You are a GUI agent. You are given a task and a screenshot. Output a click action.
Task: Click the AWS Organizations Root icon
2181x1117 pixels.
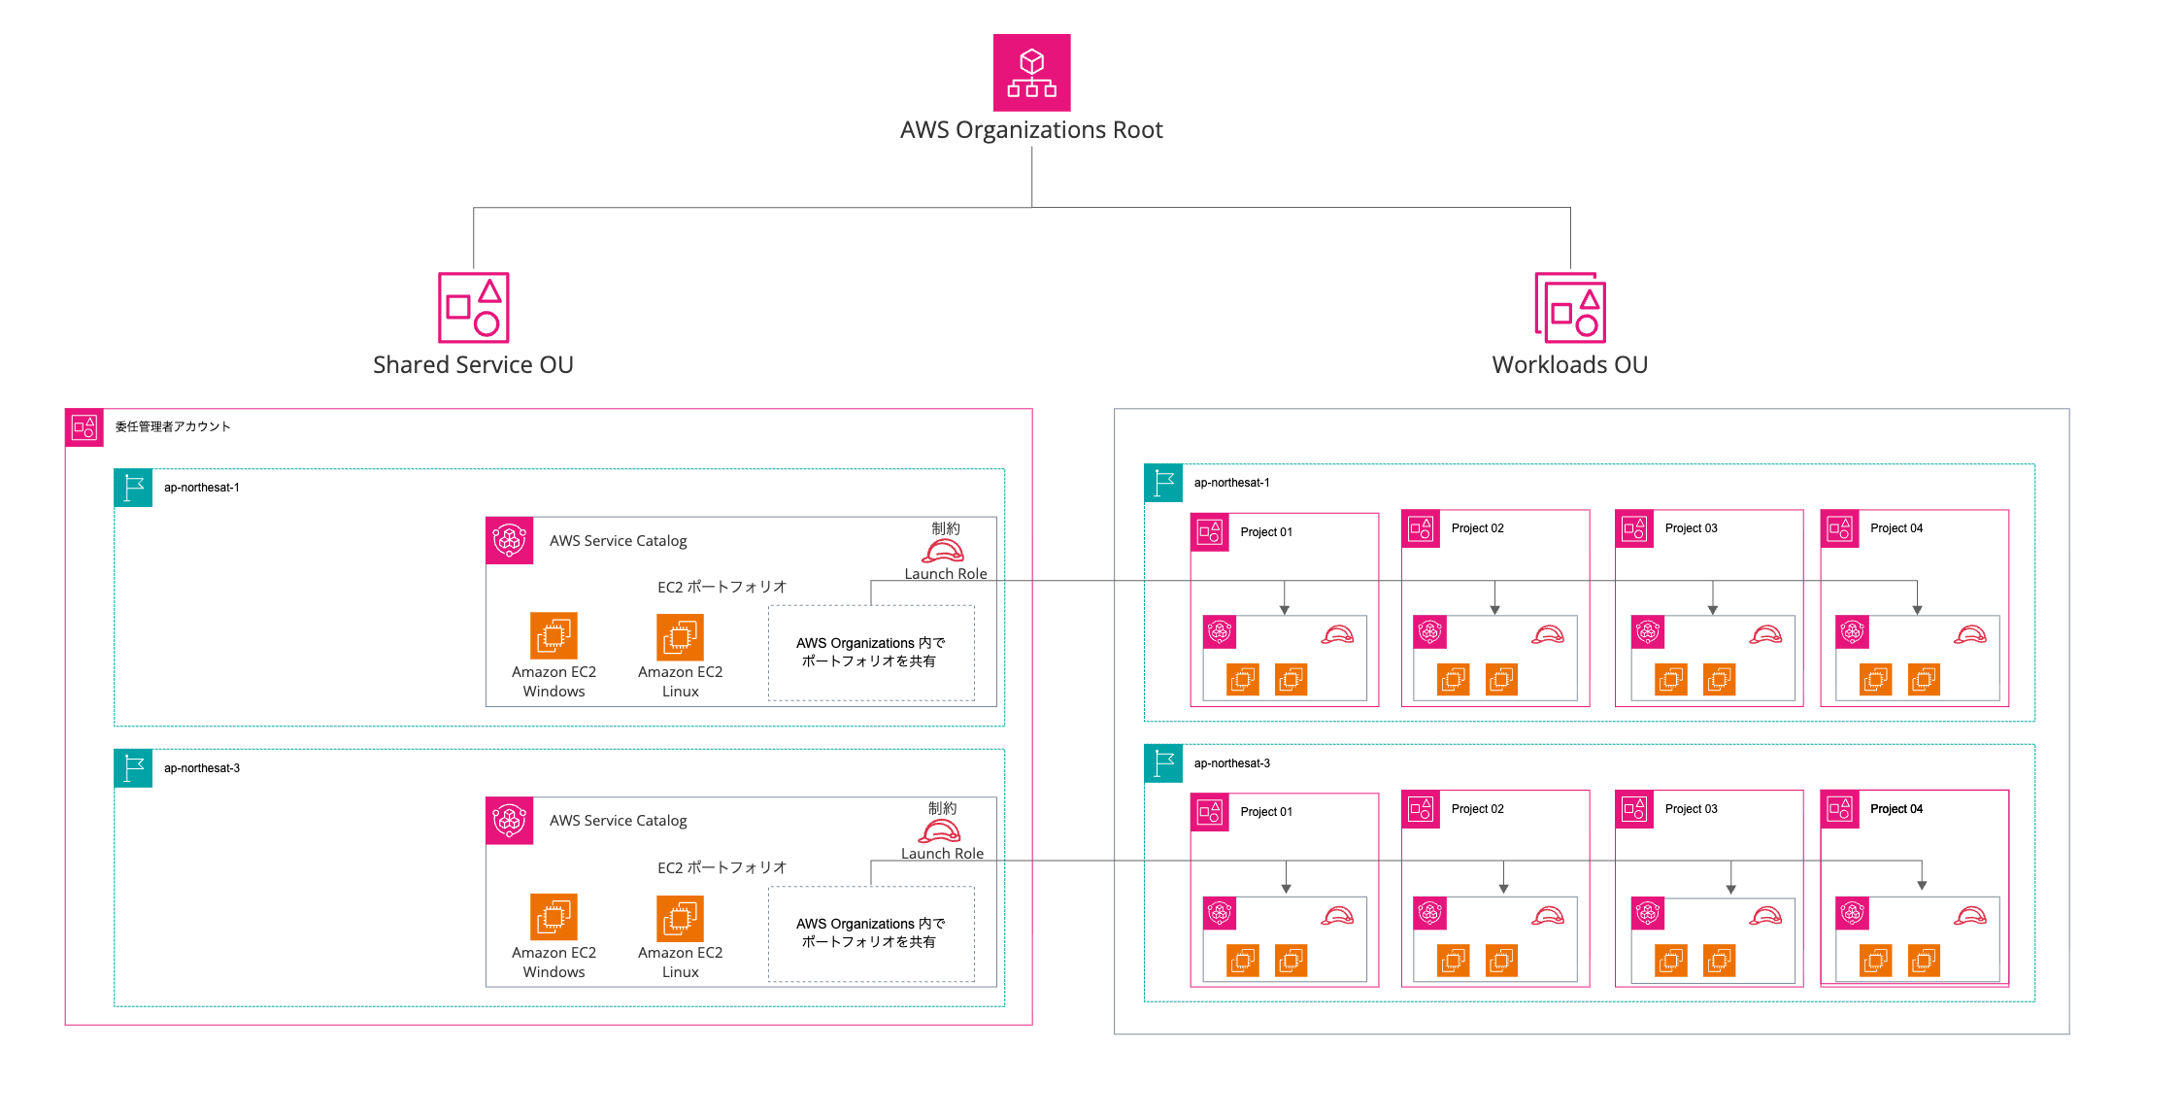pos(1031,73)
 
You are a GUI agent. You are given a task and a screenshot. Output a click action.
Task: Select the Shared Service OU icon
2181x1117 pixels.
pos(473,307)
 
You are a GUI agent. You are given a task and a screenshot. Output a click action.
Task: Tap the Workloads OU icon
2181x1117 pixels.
pos(1569,307)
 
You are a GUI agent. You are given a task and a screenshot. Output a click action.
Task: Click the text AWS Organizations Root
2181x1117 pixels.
pos(1030,130)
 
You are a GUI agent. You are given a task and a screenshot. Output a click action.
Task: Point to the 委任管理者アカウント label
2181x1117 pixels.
pos(173,426)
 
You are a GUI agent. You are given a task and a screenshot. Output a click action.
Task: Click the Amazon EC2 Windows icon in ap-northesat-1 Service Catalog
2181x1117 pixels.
pos(554,636)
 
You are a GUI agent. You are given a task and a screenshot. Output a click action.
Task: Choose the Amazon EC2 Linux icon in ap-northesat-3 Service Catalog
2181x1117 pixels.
pos(680,918)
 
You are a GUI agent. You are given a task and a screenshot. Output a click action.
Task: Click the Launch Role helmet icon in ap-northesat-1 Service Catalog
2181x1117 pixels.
pos(943,552)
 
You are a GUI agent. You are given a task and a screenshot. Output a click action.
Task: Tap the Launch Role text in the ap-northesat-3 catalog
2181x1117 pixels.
pos(942,854)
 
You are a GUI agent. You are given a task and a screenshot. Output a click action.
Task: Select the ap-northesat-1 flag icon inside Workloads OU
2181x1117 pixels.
pos(1163,483)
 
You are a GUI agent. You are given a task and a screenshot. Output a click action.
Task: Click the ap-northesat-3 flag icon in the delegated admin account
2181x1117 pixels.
pos(133,768)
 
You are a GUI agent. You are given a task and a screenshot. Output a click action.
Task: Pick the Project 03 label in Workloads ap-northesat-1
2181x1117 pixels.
pos(1691,528)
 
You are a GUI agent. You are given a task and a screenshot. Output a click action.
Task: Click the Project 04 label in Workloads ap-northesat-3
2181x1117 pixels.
pos(1896,809)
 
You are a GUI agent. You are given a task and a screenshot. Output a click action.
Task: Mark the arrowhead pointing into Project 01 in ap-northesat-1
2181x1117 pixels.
pos(1284,610)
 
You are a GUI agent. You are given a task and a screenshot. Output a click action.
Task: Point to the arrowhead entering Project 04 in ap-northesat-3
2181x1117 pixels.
pos(1921,886)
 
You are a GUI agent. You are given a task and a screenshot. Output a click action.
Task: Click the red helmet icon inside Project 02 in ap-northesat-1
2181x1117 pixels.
pos(1547,635)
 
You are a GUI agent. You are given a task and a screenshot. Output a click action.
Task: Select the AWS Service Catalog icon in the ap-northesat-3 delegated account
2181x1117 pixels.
pos(510,821)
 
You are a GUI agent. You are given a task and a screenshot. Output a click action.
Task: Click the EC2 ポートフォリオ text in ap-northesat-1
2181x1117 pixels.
pos(721,587)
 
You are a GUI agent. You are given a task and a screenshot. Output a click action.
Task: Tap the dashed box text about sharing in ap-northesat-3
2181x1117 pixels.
pos(870,932)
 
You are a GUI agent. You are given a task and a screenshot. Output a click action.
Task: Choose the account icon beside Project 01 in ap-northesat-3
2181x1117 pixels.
pos(1210,812)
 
